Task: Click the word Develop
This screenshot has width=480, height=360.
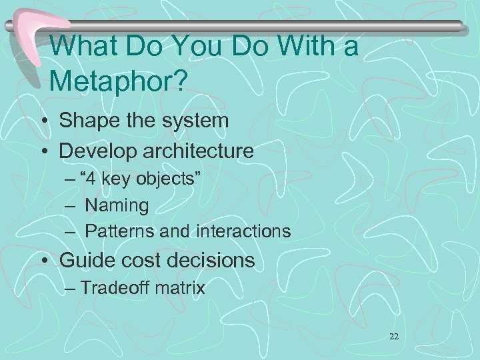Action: click(97, 151)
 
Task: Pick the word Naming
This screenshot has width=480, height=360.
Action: click(117, 205)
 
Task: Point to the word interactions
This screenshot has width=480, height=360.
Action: click(243, 231)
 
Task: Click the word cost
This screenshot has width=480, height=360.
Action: click(133, 260)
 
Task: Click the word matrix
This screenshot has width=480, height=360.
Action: click(181, 289)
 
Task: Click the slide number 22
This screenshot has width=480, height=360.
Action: click(393, 337)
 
